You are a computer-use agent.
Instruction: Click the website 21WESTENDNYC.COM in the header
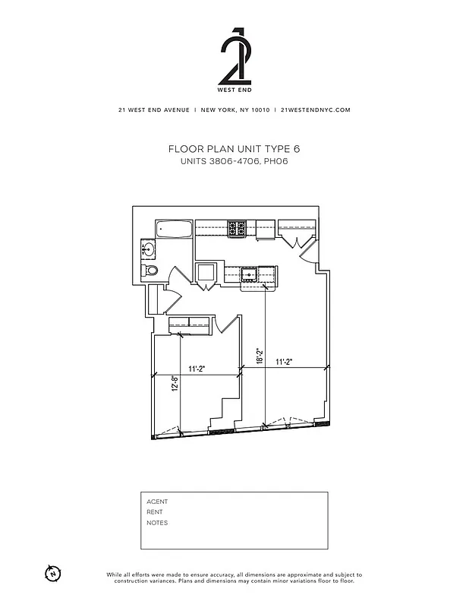315,110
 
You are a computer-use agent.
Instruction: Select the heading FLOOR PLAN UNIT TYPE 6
234,149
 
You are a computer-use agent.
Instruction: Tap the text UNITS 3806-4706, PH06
234,163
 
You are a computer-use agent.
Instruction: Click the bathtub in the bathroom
173,230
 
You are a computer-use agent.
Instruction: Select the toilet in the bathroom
151,270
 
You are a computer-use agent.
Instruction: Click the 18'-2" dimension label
259,356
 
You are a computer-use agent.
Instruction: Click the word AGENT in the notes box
157,502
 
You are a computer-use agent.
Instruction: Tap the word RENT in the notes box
155,512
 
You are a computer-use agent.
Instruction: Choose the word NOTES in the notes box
157,523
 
